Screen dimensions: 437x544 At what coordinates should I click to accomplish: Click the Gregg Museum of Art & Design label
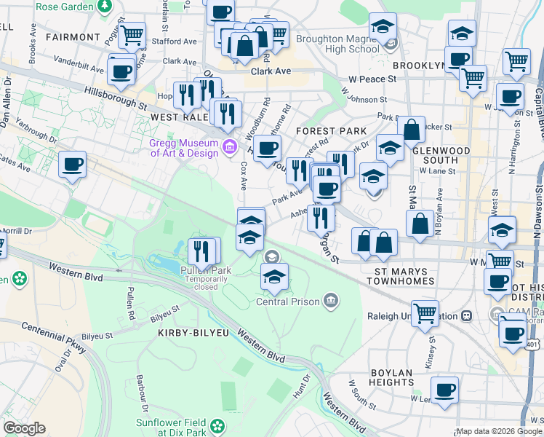point(184,148)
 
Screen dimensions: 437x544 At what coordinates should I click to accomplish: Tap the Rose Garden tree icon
point(105,5)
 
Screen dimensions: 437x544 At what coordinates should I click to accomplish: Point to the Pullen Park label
point(205,271)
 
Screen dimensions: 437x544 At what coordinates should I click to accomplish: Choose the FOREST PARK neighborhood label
point(332,131)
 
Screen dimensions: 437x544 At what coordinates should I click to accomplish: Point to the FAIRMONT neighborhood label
point(72,36)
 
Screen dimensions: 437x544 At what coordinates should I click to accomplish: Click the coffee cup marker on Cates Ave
point(72,165)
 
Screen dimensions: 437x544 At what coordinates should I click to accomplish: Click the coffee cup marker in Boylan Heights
point(444,389)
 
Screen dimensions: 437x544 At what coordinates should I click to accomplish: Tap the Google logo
point(24,428)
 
